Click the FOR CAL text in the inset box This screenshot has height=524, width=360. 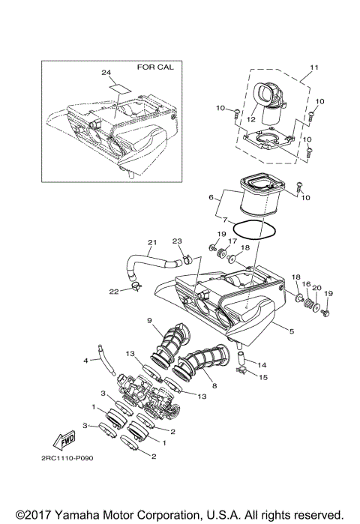(155, 67)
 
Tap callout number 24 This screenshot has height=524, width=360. (106, 73)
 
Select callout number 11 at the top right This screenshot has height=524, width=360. (313, 68)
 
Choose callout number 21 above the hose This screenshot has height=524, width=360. (152, 242)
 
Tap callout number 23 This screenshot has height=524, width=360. (178, 241)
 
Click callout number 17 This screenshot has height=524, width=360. (232, 241)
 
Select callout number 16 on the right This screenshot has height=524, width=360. (305, 284)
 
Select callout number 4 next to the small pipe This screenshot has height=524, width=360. (85, 361)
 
